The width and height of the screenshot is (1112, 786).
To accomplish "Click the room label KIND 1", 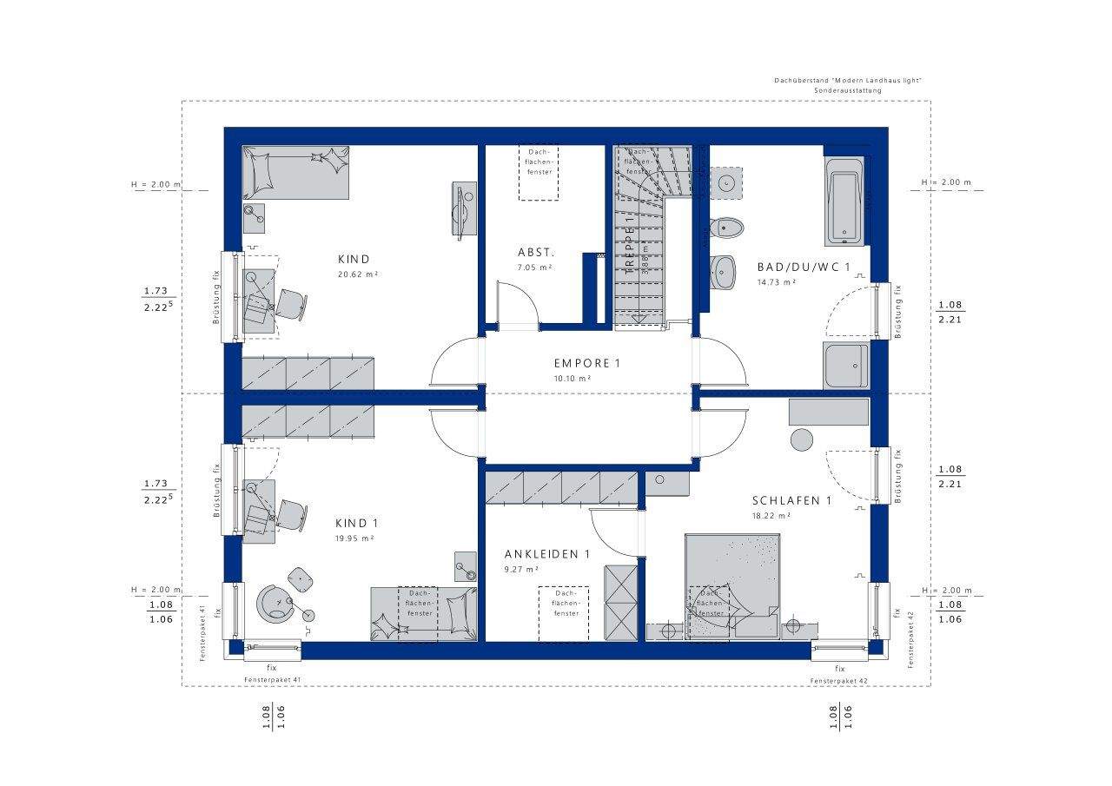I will coord(356,524).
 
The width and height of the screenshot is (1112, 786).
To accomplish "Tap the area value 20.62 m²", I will coord(356,274).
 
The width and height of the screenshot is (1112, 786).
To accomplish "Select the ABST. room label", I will coord(536,253).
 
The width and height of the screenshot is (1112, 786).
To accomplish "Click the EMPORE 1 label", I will coord(588,363).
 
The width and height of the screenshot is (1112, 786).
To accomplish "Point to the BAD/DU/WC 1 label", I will coord(803,268).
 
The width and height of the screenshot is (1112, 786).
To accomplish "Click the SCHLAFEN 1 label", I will coord(791,501).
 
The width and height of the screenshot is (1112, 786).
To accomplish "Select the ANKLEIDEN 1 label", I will coord(547,554).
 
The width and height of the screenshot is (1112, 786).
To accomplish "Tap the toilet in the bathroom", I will coord(726,228).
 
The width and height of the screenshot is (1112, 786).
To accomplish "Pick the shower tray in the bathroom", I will coord(845,366).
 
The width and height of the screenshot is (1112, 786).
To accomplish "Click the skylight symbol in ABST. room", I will coord(539,172).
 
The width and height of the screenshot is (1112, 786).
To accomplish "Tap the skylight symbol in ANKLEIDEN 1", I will coord(563,613).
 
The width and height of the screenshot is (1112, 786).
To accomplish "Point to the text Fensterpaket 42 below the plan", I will coord(839,680).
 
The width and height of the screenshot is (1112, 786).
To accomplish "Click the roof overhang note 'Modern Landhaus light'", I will coord(847,81).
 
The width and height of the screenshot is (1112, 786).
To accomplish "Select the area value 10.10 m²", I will coord(573,379).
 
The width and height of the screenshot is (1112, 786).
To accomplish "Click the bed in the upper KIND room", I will coord(296,171).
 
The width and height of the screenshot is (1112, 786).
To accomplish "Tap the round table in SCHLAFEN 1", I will coord(802,439).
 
